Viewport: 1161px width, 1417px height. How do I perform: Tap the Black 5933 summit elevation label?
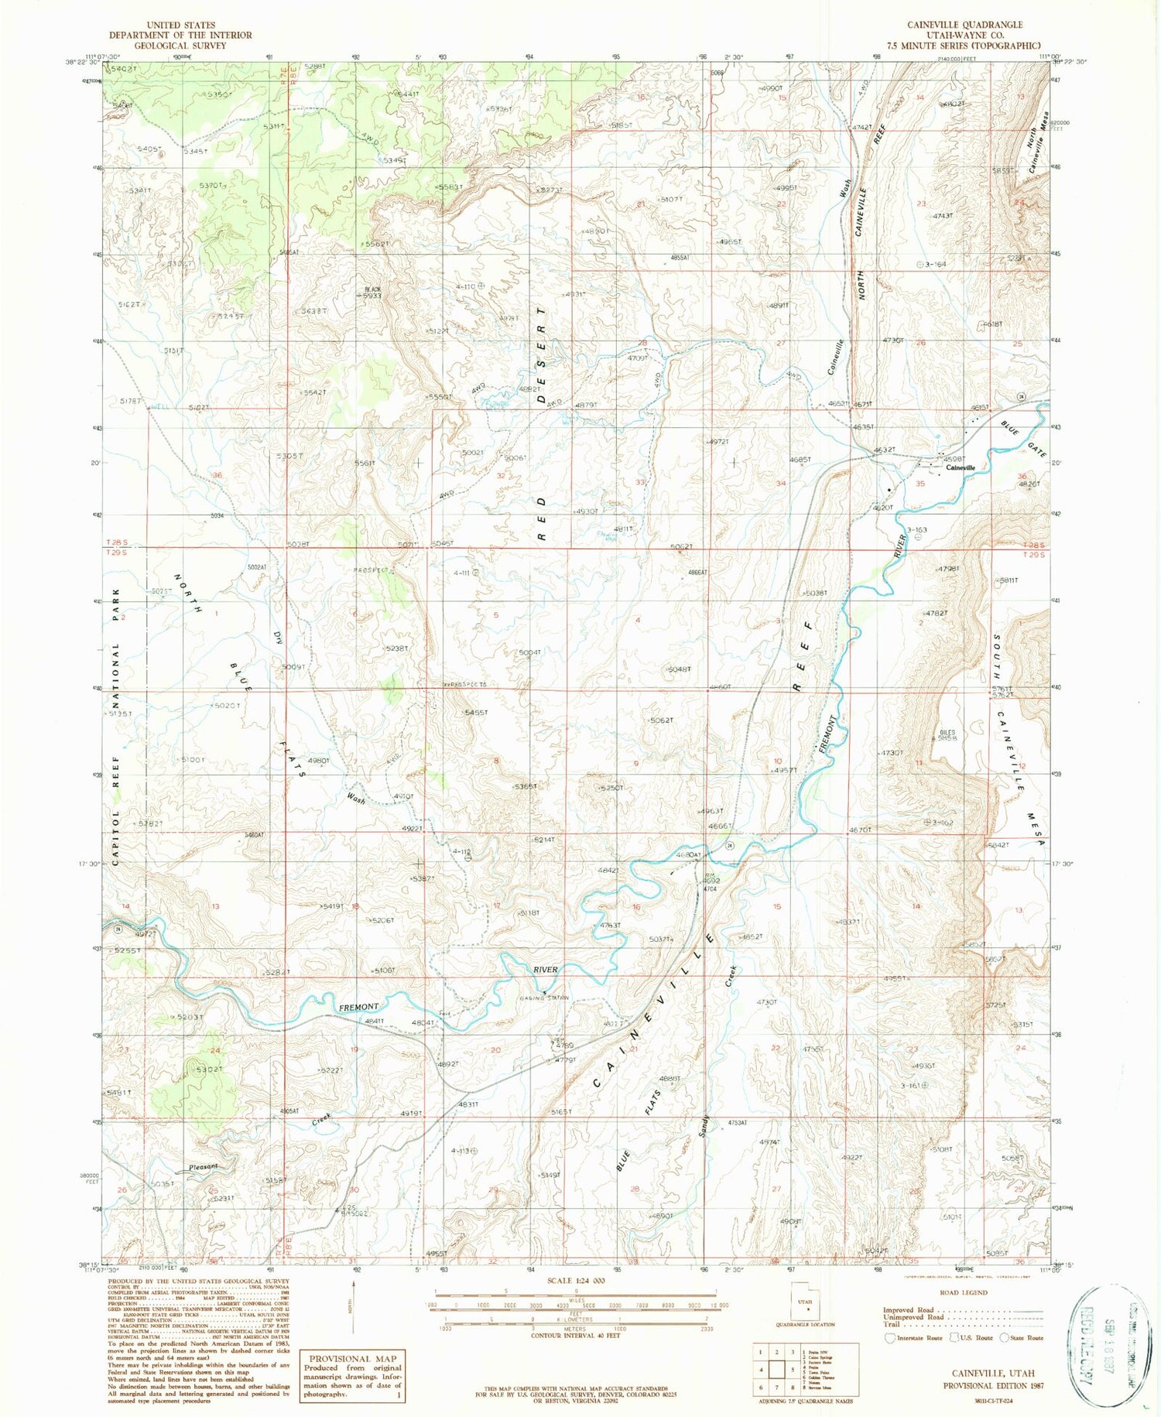click(372, 293)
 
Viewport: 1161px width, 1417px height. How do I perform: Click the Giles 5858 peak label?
click(947, 736)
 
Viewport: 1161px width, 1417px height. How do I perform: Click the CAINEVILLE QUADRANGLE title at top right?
click(979, 26)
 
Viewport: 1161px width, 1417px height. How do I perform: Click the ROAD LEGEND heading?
click(964, 1292)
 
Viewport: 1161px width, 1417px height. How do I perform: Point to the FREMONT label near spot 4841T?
click(359, 1007)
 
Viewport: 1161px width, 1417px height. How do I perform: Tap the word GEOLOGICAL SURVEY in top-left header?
click(180, 46)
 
